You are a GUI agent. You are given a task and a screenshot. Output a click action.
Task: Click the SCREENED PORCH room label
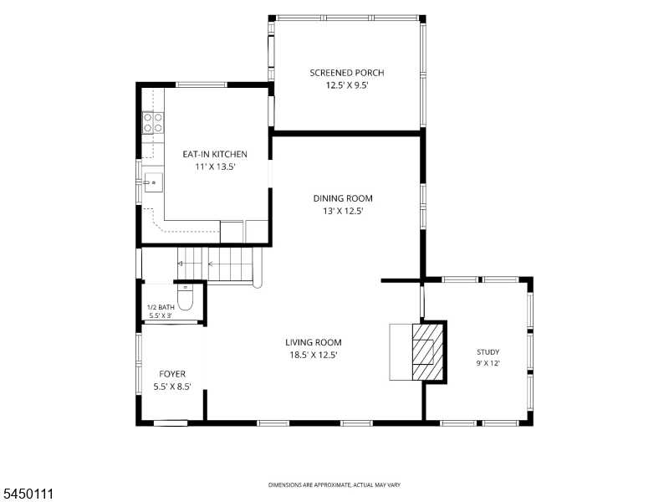click(347, 73)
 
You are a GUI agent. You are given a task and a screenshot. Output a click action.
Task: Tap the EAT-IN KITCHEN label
click(215, 154)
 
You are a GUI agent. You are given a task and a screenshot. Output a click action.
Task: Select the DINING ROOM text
click(343, 198)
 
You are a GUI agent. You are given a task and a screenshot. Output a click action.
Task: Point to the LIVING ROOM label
click(314, 342)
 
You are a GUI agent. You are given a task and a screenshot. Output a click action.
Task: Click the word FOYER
click(172, 374)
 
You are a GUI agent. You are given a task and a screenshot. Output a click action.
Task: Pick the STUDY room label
click(488, 352)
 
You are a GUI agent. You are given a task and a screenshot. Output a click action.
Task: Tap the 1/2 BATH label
click(161, 307)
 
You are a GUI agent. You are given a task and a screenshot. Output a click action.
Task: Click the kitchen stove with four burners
click(153, 122)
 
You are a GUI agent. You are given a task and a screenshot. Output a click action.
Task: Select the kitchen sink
click(153, 182)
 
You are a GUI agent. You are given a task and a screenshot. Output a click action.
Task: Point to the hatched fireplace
click(427, 351)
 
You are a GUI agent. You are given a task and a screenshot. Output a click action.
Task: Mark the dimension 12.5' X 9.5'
click(347, 85)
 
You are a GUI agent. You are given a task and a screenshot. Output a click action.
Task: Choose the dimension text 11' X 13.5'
click(216, 166)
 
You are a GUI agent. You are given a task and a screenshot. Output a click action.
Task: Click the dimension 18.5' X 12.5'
click(314, 355)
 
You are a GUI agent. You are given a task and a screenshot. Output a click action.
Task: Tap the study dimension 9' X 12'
click(488, 364)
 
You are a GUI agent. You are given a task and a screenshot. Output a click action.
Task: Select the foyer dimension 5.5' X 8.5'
click(172, 387)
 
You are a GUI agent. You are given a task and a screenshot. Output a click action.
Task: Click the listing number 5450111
click(27, 494)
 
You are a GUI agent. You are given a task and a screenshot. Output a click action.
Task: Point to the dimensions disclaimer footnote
click(334, 485)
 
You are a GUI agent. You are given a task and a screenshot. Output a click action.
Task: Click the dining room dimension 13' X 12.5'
click(343, 212)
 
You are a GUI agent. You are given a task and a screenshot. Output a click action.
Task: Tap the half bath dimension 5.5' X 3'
click(161, 316)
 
